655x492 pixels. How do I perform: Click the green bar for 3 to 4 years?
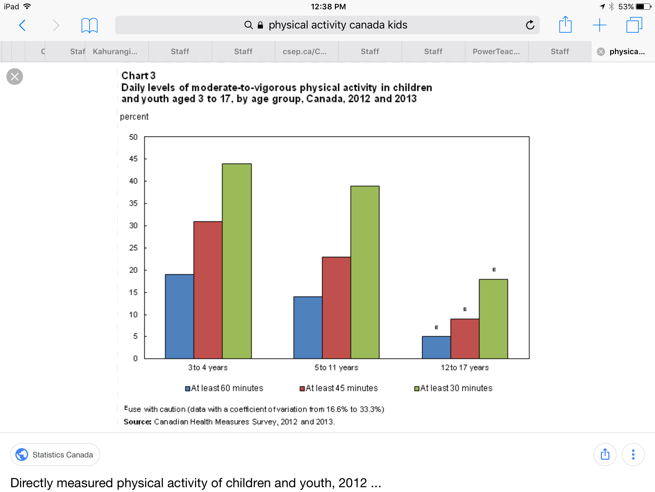(x=237, y=261)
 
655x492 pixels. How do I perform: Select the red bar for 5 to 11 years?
(x=336, y=307)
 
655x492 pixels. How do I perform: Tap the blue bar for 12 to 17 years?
(x=436, y=347)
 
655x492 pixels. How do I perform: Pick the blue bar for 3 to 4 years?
(x=179, y=316)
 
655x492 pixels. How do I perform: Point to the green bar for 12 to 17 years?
(x=493, y=319)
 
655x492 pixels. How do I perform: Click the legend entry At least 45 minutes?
(x=339, y=388)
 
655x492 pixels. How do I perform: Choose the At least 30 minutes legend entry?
(x=453, y=388)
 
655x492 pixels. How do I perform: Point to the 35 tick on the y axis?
(x=133, y=203)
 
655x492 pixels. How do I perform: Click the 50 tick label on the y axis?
(x=133, y=137)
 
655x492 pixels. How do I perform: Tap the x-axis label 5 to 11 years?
(x=336, y=367)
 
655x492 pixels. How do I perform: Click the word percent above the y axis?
(x=134, y=117)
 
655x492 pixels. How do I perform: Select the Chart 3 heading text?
(x=138, y=76)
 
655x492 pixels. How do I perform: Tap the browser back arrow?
(x=22, y=25)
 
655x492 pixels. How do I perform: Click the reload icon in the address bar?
(x=530, y=25)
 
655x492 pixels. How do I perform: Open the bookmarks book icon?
(x=89, y=25)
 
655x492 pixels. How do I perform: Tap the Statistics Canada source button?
(x=55, y=455)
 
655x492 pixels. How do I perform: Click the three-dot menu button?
(x=633, y=455)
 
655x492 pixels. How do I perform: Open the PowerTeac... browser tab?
(x=496, y=52)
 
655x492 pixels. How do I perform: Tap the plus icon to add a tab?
(x=599, y=25)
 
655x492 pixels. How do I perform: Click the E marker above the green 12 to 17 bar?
(x=494, y=270)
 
